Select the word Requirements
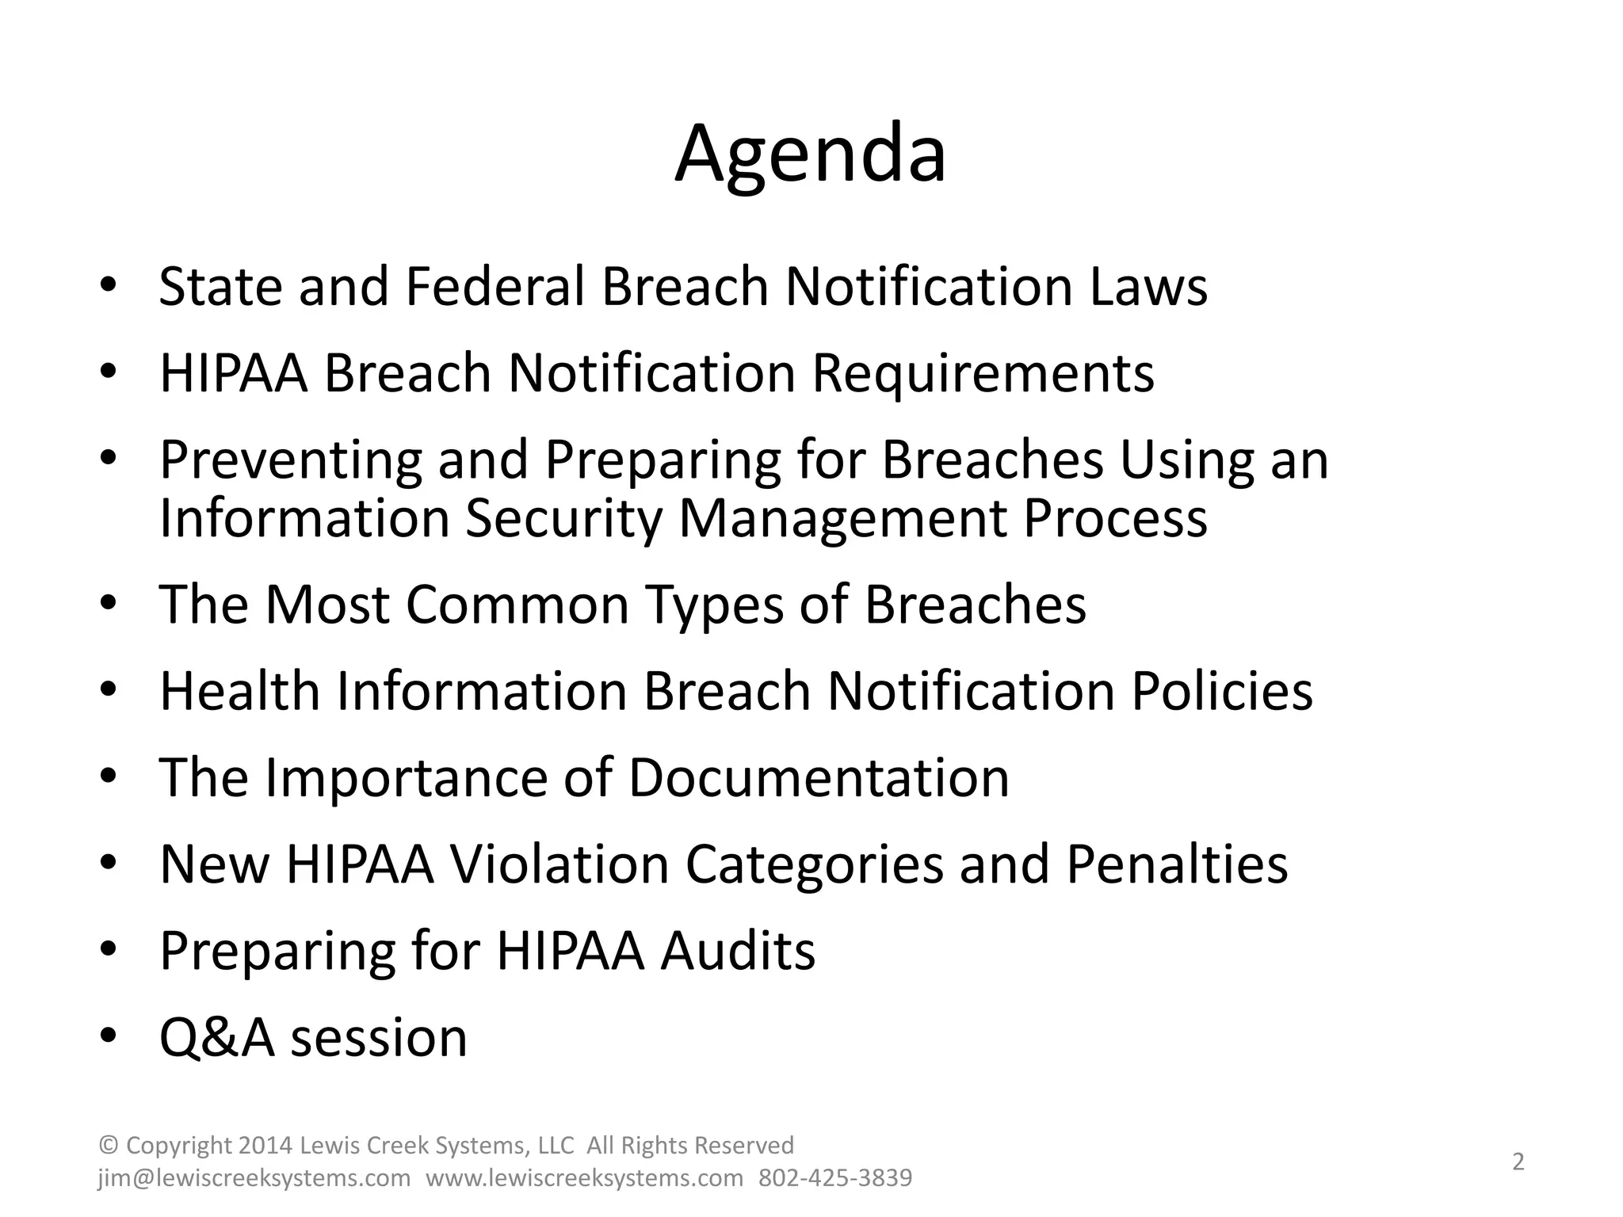(983, 372)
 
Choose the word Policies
(1221, 691)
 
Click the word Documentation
(819, 777)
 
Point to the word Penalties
(1177, 864)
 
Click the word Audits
(738, 950)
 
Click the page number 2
(1518, 1162)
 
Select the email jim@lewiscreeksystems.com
(254, 1178)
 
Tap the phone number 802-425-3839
(835, 1178)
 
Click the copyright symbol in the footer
(109, 1146)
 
